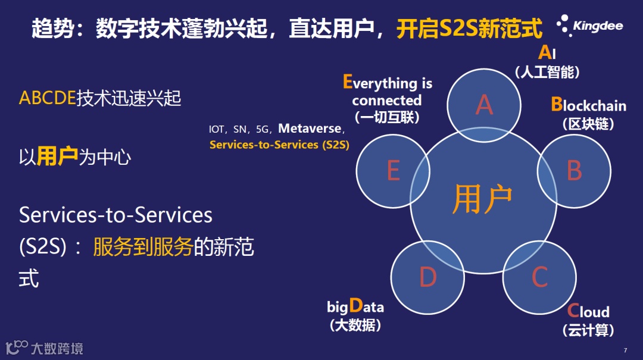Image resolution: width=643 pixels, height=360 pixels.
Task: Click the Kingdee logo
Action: (x=589, y=26)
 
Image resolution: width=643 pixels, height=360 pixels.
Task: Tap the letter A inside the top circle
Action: (x=484, y=105)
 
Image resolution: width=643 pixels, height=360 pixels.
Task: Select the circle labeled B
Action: (x=574, y=171)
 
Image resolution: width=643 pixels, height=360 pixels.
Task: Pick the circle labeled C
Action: (x=539, y=277)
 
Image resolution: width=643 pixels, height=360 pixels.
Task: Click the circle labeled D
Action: (x=427, y=277)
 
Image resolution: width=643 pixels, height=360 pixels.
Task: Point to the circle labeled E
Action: (x=394, y=171)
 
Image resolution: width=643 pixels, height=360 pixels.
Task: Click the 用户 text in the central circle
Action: (x=482, y=199)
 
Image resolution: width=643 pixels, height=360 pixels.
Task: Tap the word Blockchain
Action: (x=588, y=105)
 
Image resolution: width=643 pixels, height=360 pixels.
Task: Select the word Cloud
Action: (x=588, y=311)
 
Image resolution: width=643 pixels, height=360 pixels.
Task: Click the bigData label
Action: (x=355, y=306)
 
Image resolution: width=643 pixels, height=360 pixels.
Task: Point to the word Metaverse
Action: (x=310, y=129)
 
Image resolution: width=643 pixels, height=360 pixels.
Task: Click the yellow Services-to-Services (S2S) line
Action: (x=279, y=145)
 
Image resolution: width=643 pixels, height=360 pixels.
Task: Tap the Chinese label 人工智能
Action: (x=548, y=72)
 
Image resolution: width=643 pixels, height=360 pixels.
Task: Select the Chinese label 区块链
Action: (x=588, y=123)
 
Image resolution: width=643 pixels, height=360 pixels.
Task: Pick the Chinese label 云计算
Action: (x=588, y=330)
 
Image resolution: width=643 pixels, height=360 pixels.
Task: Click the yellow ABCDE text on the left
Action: (x=48, y=98)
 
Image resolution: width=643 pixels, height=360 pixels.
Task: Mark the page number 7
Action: (x=625, y=350)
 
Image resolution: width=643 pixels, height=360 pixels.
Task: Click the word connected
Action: (x=387, y=101)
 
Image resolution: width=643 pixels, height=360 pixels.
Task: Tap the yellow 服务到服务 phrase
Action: (x=143, y=247)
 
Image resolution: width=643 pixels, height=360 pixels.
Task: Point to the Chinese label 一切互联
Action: (x=387, y=117)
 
